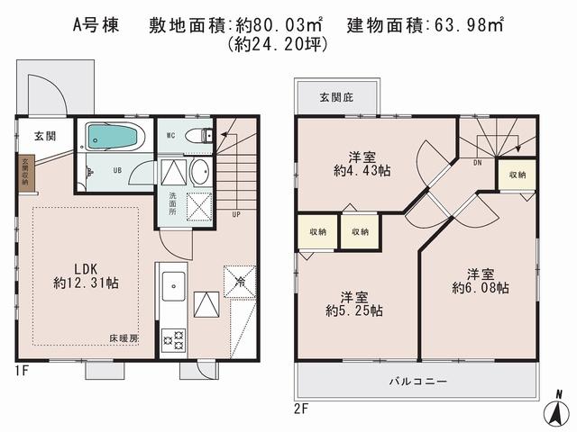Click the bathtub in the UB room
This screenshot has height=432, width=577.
tap(114, 137)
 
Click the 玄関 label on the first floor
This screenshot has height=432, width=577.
tap(45, 137)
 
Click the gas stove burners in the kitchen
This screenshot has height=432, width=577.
tap(172, 340)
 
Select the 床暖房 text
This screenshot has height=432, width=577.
tap(124, 338)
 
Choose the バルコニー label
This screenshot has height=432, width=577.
tap(417, 382)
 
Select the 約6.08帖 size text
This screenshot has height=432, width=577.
tap(480, 288)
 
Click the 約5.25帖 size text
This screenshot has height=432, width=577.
tap(354, 310)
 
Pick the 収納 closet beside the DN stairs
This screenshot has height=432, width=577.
tap(517, 175)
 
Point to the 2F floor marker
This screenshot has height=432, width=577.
tap(300, 408)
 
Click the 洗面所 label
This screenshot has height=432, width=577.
tap(171, 204)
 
